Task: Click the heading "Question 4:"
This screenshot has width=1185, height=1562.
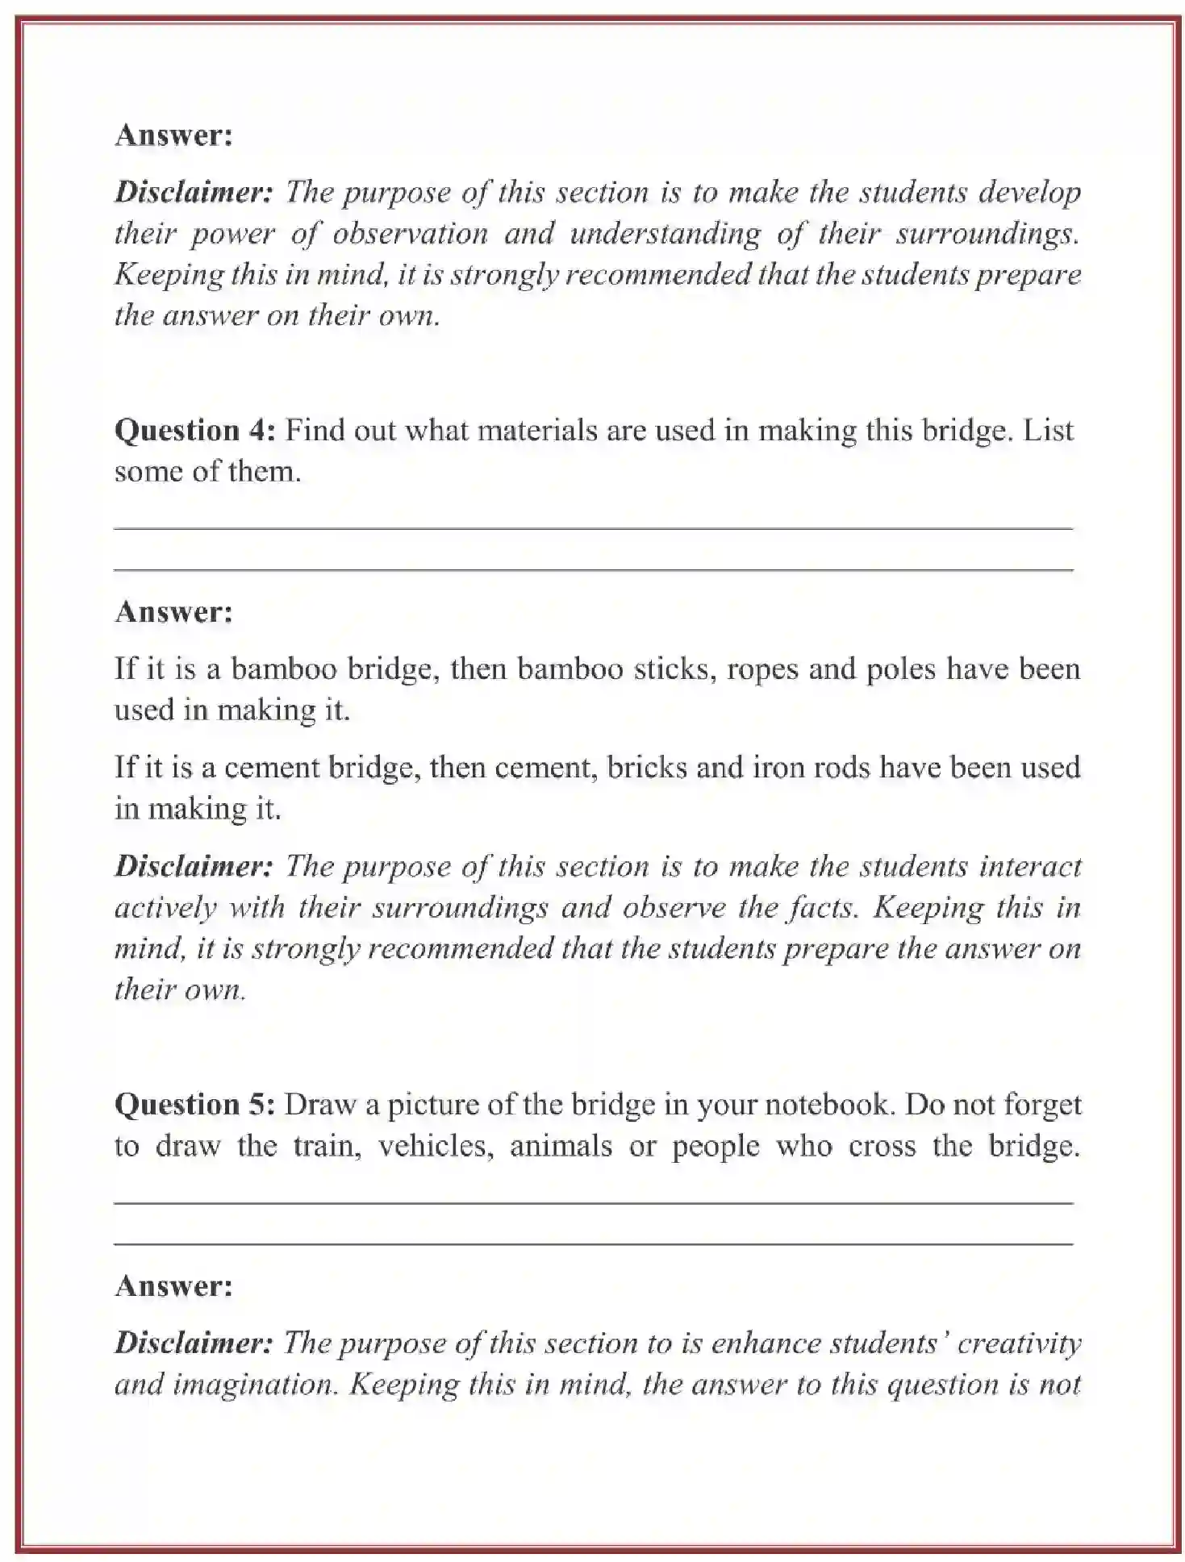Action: pyautogui.click(x=195, y=430)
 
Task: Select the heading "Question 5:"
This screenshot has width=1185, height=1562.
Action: pyautogui.click(x=195, y=1104)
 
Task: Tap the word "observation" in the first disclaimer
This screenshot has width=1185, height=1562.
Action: pyautogui.click(x=410, y=234)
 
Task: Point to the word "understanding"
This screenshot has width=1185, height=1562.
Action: pyautogui.click(x=665, y=234)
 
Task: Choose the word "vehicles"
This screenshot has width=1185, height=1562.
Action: pyautogui.click(x=436, y=1146)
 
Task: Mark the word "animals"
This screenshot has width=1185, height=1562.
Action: pyautogui.click(x=561, y=1146)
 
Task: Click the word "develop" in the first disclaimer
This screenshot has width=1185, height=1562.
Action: pyautogui.click(x=1029, y=193)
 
